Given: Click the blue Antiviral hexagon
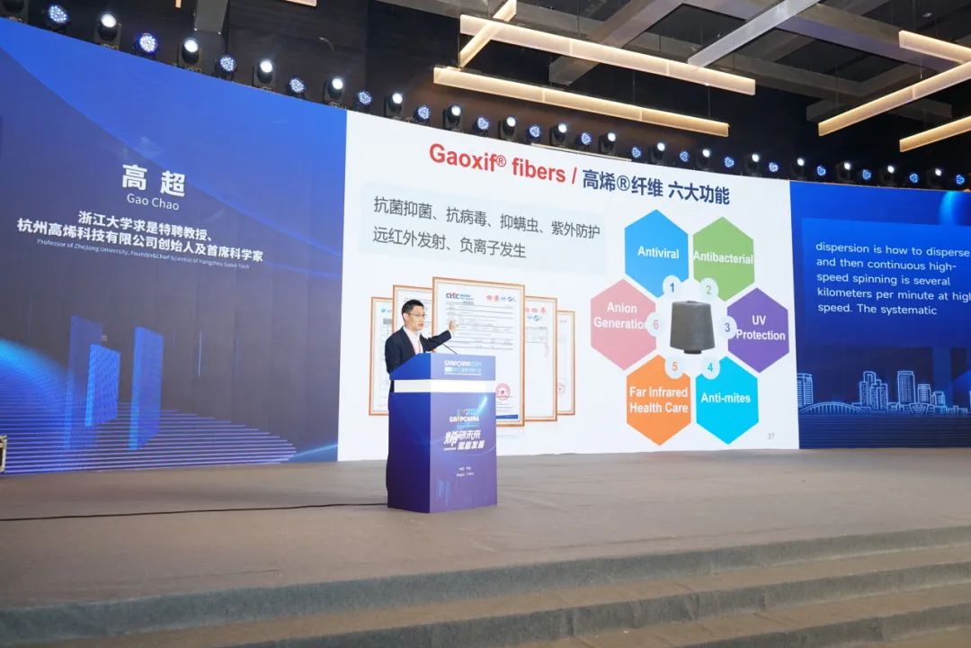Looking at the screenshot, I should click(656, 251).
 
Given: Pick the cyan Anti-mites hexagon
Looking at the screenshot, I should click(726, 399).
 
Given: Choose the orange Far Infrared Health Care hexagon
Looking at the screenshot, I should click(657, 400).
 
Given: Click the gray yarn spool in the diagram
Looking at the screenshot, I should click(691, 325).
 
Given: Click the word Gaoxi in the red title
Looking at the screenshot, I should click(460, 155).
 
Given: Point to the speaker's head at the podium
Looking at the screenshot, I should click(414, 315).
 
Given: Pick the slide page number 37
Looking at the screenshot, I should click(770, 436).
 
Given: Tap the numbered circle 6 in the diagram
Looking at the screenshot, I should click(656, 324).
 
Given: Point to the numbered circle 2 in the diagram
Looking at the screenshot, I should click(709, 289).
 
